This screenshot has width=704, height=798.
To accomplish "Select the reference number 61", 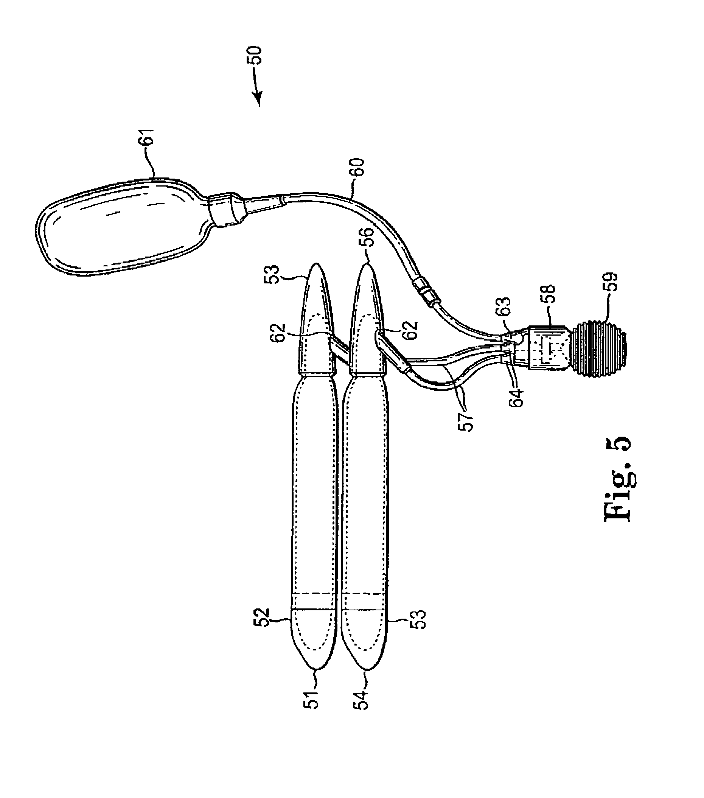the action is tap(149, 137).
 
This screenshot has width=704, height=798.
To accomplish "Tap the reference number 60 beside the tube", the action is tap(358, 168).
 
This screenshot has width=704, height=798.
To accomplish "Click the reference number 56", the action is tap(368, 237).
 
